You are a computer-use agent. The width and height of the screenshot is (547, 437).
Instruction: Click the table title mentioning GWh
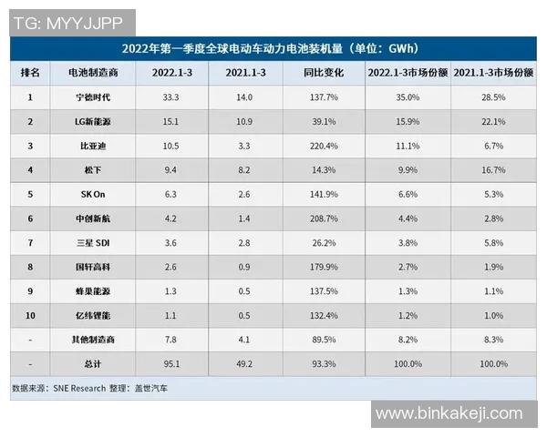coord(271,48)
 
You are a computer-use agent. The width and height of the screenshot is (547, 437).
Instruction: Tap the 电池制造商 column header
coord(95,72)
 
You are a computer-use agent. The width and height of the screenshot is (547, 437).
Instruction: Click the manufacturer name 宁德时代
coord(95,97)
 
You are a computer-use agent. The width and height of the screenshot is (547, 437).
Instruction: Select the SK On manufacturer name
coord(95,194)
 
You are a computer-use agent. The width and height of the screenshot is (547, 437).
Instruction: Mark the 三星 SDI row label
coord(95,242)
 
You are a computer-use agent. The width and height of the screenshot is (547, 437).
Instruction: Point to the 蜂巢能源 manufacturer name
coord(95,291)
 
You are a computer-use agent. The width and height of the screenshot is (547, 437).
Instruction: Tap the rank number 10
coord(30,315)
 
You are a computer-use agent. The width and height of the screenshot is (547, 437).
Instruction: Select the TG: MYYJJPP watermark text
coord(73,22)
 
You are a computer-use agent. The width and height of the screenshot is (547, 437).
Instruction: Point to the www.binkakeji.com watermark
coord(449,413)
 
